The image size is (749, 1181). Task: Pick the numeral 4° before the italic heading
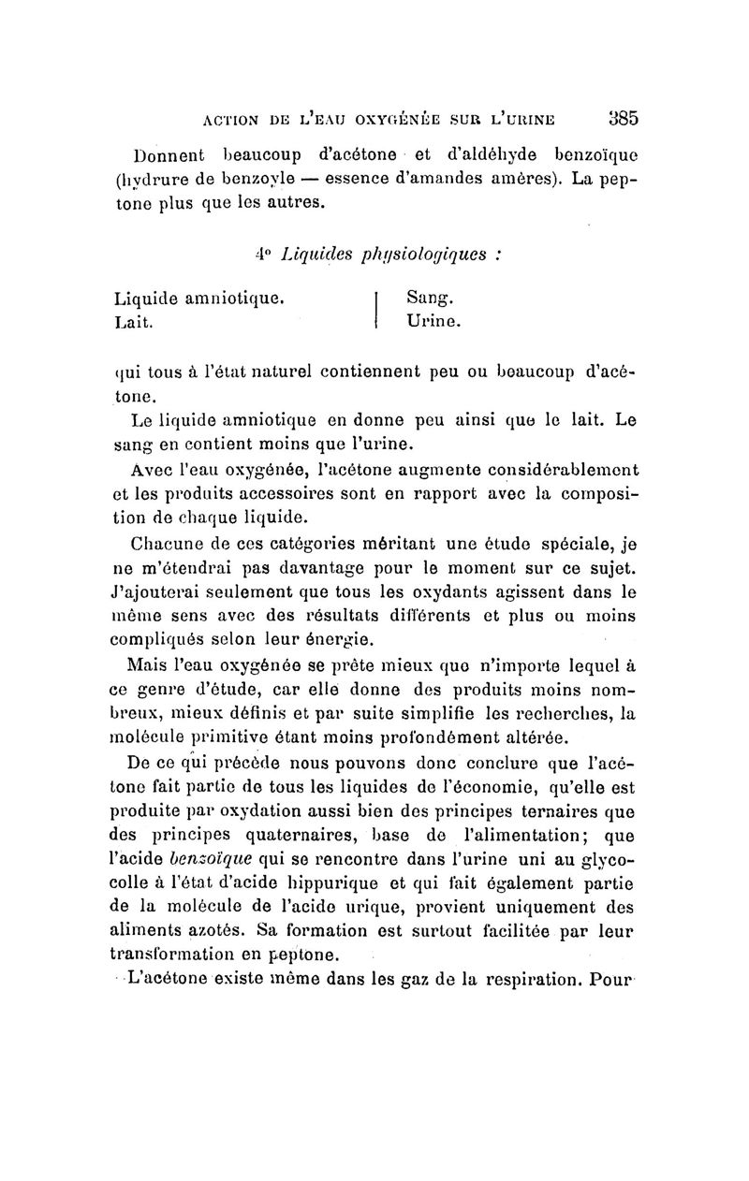click(262, 253)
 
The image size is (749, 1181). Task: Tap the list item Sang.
click(430, 299)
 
